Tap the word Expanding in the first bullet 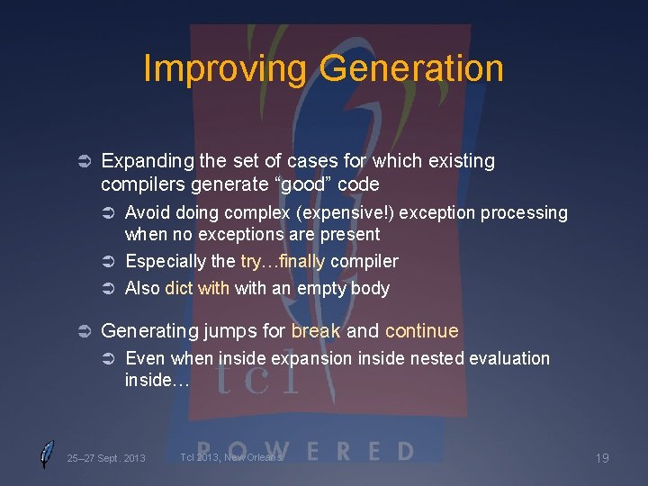pyautogui.click(x=146, y=161)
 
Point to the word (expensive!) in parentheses pyautogui.click(x=352, y=213)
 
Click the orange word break pyautogui.click(x=316, y=331)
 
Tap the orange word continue pyautogui.click(x=421, y=331)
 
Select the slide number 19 pyautogui.click(x=602, y=459)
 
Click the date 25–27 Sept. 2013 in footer pyautogui.click(x=106, y=459)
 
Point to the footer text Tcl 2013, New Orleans pyautogui.click(x=231, y=457)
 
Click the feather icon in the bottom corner pyautogui.click(x=47, y=454)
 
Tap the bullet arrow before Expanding pyautogui.click(x=80, y=162)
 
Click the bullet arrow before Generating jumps pyautogui.click(x=80, y=332)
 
